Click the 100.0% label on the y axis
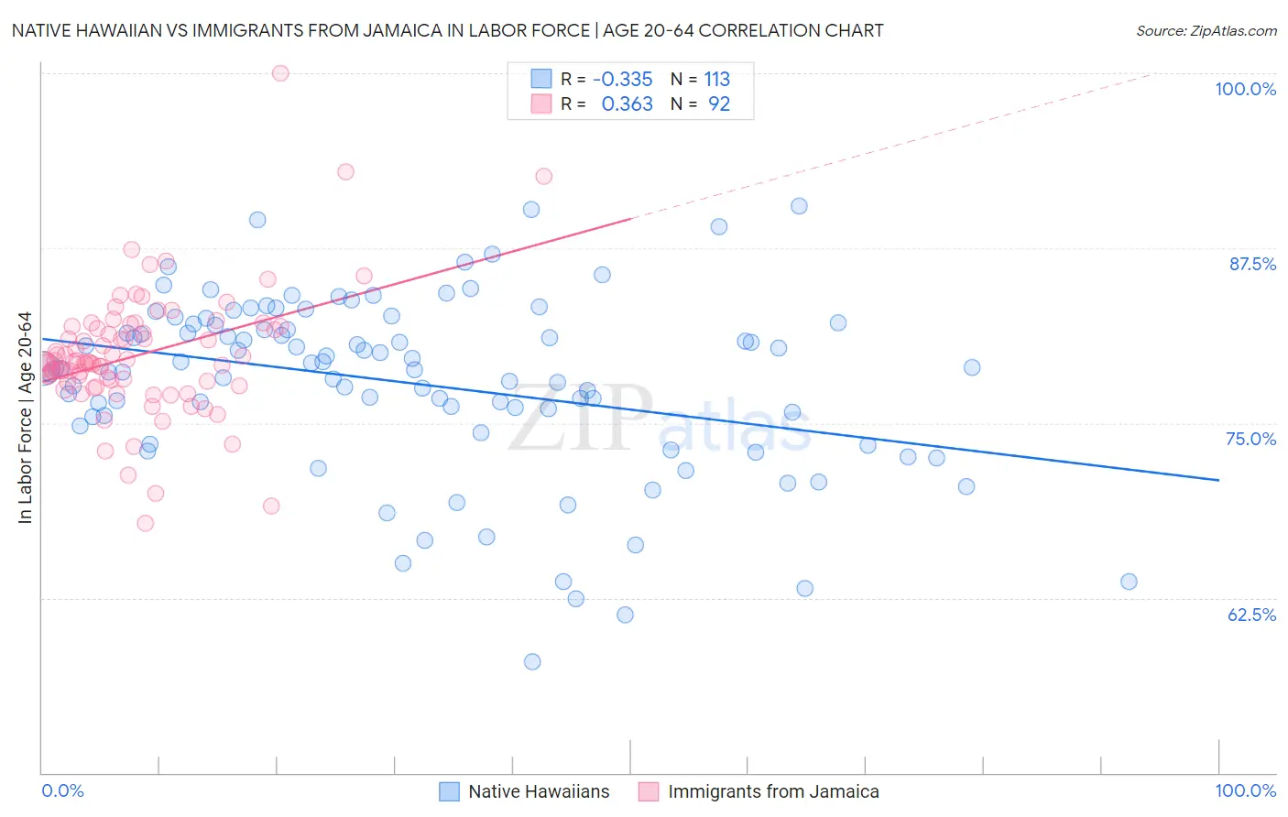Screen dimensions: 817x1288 click(x=1245, y=89)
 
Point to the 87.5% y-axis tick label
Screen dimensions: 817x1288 click(x=1252, y=264)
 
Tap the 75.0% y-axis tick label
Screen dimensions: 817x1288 click(x=1250, y=439)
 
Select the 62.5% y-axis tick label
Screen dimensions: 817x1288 click(x=1251, y=615)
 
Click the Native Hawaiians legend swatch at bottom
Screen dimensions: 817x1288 click(x=449, y=792)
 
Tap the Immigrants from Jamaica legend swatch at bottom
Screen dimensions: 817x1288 click(x=649, y=792)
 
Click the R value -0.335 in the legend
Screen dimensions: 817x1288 click(x=622, y=80)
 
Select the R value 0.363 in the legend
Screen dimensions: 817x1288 click(x=627, y=104)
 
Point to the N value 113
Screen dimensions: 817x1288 click(x=716, y=80)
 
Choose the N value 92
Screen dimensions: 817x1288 click(x=719, y=104)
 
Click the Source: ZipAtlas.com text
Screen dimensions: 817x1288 click(x=1206, y=31)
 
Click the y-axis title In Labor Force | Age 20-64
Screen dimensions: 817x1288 click(x=25, y=418)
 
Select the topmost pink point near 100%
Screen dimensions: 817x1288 click(x=280, y=73)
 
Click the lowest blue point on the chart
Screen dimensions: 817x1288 click(x=532, y=661)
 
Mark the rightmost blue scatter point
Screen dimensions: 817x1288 click(x=1129, y=582)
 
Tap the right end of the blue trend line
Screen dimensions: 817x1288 click(x=1218, y=480)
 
